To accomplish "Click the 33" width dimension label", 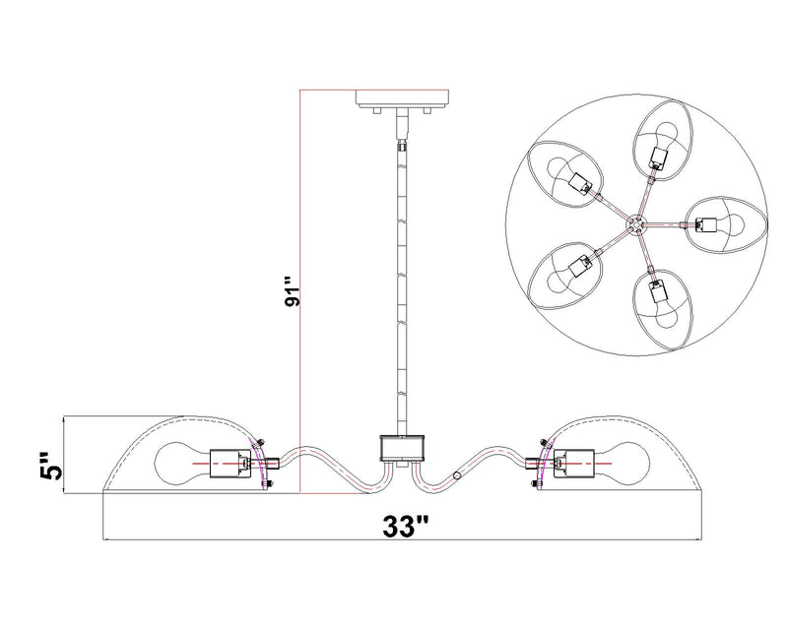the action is pos(406,526).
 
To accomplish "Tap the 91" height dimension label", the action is pos(292,290).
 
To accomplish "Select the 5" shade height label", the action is pos(52,466).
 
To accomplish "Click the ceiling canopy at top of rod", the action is pos(402,99).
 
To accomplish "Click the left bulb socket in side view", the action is pos(230,464).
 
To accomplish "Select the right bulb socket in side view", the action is pos(574,464).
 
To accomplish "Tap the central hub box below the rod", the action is pos(402,448).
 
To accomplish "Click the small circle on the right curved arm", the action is pos(457,475).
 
